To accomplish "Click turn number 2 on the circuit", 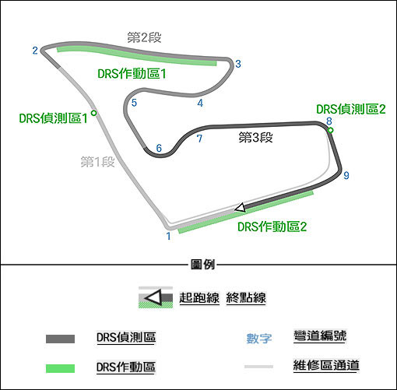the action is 35,51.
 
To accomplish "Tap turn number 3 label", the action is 238,64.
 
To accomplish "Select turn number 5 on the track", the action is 134,103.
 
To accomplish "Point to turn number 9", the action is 346,175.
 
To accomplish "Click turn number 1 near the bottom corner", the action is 169,236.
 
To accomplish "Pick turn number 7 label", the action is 199,139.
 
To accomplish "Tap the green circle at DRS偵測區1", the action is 93,113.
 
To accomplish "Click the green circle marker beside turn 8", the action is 330,130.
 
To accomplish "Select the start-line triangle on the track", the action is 240,207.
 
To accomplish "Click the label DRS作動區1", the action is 132,74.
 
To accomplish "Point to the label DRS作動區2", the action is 272,227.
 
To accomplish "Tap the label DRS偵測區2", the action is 351,109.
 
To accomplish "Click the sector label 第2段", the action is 144,37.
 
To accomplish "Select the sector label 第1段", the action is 97,162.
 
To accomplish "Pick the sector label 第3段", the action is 255,137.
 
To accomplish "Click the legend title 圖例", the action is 202,265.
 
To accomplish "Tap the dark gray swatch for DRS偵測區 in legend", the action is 60,339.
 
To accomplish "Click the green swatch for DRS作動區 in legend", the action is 60,368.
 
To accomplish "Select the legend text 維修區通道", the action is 326,365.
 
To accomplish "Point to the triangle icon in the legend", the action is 153,297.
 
